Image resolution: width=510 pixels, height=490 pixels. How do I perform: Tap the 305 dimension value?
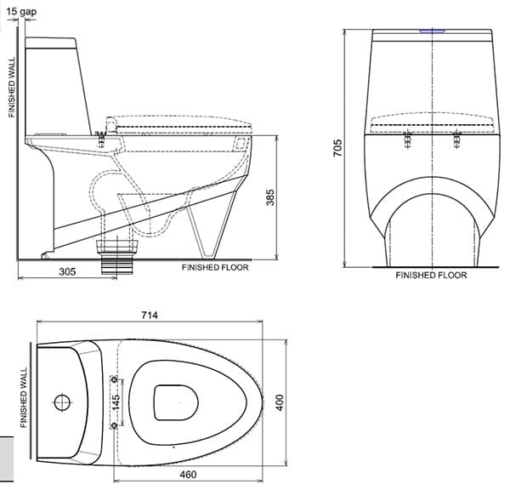(68, 271)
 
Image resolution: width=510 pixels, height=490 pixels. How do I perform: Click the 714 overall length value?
(149, 315)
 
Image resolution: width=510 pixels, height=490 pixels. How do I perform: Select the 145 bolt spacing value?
(118, 401)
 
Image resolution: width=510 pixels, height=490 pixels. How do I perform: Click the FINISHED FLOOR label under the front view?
(431, 276)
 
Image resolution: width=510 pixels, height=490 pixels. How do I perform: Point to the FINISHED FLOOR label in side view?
(215, 267)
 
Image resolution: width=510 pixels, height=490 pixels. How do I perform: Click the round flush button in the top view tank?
(62, 402)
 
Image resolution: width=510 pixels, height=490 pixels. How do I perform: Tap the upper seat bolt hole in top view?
(115, 379)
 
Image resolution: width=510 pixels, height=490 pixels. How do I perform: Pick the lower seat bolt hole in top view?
(115, 424)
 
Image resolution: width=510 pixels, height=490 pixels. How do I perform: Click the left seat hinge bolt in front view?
(408, 138)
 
